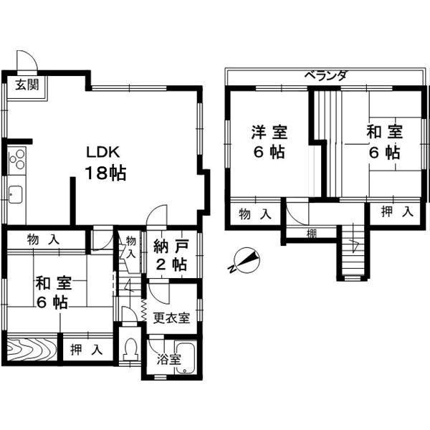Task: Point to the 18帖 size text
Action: [106, 173]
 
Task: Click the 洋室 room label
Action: [269, 133]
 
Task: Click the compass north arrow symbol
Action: [246, 261]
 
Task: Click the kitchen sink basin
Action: [15, 193]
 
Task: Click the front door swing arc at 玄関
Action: [26, 59]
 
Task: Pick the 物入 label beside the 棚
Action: [254, 214]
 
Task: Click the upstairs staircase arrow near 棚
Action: [353, 247]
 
